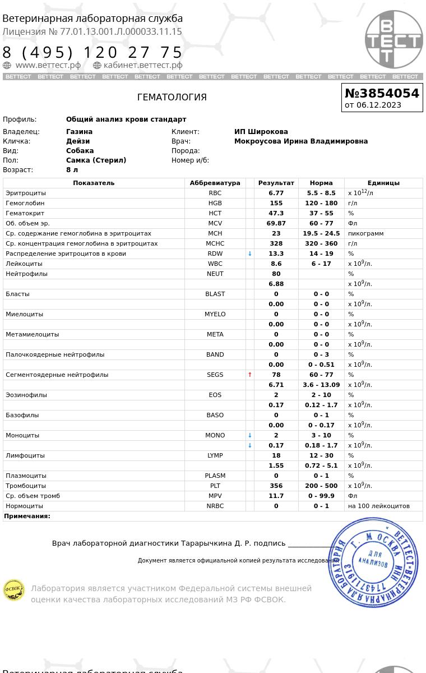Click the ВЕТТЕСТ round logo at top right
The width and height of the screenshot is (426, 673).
coord(393,39)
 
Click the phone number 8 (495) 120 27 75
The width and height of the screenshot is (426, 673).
coord(93,52)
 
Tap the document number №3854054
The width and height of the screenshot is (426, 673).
coord(382,93)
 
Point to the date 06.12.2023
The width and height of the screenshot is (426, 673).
coord(379,105)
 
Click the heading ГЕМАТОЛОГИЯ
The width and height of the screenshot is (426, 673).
coord(172,97)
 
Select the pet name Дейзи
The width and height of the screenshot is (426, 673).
coord(78,141)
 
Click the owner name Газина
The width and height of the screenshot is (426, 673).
coord(79,132)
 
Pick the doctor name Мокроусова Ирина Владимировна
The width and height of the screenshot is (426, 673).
coord(300,141)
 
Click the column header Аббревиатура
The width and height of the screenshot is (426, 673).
coord(215,183)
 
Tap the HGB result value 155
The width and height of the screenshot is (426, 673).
coord(276,203)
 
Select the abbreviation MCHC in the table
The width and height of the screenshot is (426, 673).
coord(215,243)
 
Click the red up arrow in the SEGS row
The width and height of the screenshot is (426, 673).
coord(250,375)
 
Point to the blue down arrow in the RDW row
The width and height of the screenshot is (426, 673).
coord(250,253)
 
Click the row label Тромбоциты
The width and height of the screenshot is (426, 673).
coord(26,486)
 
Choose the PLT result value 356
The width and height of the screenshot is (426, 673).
coord(276,486)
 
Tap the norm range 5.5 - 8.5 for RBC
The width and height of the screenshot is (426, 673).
coord(321,193)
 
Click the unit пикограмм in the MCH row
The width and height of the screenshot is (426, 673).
coord(365,233)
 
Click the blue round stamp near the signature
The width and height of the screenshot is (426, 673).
coord(373,563)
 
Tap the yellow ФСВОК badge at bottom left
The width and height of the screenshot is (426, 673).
coord(14,590)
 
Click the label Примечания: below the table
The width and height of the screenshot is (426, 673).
coord(27,516)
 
